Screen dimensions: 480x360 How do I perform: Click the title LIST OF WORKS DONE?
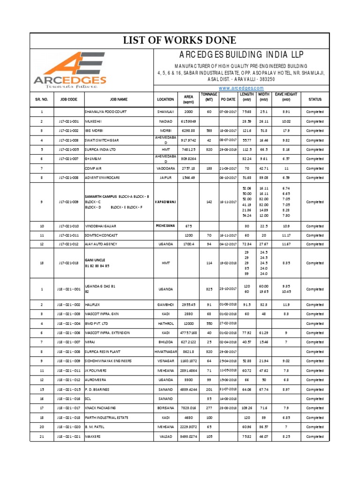click(x=180, y=40)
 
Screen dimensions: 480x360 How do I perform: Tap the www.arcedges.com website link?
click(x=242, y=88)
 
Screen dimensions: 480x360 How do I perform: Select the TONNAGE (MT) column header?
click(x=209, y=97)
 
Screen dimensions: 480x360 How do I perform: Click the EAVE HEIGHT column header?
click(x=286, y=97)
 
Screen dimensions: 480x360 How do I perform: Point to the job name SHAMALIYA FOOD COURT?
click(x=105, y=112)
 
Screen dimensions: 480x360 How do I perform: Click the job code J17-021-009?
click(x=68, y=202)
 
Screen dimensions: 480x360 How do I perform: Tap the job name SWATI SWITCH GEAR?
click(x=103, y=140)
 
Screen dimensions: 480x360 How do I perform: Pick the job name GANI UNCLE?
click(x=95, y=260)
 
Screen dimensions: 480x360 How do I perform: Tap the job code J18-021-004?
click(x=68, y=323)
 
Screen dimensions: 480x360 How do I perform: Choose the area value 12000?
click(x=188, y=323)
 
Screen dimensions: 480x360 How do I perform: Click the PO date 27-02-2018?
click(x=228, y=323)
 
